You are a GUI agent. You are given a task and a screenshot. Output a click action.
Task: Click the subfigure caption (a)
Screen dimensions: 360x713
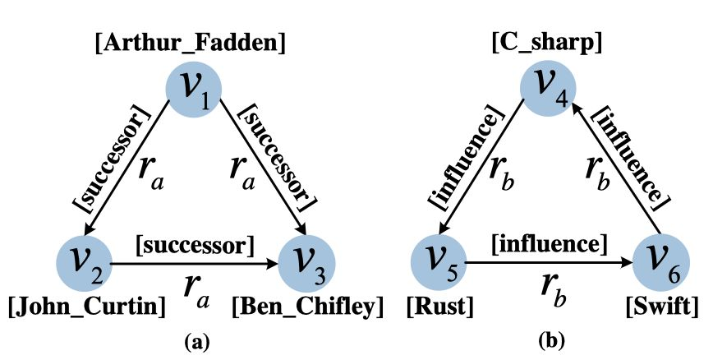[194, 339]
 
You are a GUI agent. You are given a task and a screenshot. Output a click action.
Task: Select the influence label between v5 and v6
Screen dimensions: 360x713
[550, 244]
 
